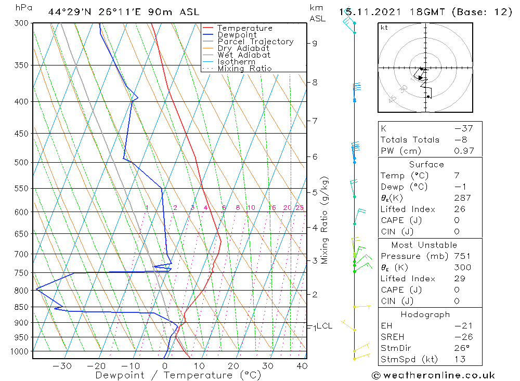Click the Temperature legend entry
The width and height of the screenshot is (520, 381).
tap(244, 28)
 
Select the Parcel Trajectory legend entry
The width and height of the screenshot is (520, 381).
tap(255, 42)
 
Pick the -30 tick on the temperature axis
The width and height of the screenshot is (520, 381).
tap(62, 366)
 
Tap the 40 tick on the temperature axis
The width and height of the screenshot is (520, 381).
tap(301, 366)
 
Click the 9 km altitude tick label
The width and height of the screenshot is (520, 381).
tap(315, 43)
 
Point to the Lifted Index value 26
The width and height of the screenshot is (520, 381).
tap(459, 209)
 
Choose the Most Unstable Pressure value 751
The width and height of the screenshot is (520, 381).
tap(462, 256)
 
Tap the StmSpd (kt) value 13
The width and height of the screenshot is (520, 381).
tap(459, 359)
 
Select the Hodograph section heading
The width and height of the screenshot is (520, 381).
tap(425, 314)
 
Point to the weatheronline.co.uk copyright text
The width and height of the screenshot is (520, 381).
tap(433, 375)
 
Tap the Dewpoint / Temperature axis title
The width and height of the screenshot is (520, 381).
tap(178, 375)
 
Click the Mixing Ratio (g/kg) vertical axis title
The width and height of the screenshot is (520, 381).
tap(324, 220)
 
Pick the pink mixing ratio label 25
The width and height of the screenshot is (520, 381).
tap(300, 208)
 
